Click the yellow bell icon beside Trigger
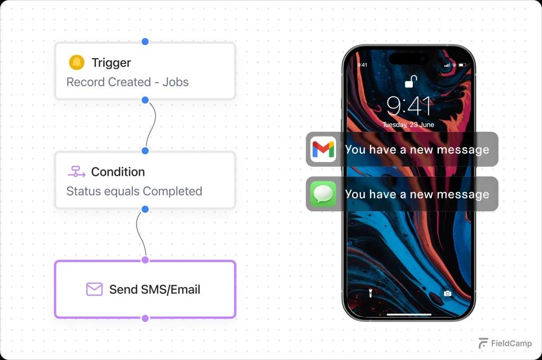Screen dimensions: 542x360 [x=76, y=62]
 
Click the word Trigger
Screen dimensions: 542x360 [x=111, y=62]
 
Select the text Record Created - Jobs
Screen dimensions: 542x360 [x=128, y=82]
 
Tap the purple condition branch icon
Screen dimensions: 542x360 [x=76, y=172]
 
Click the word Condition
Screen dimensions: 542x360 [x=118, y=172]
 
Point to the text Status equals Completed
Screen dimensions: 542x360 [x=134, y=191]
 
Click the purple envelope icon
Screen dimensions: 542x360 [x=94, y=289]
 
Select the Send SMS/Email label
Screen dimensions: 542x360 [x=155, y=290]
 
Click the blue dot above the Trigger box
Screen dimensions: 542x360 [x=145, y=41]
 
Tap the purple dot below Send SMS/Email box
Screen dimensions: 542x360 [x=145, y=318]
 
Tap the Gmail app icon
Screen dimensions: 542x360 [x=323, y=149]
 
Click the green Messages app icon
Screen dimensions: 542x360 [x=323, y=194]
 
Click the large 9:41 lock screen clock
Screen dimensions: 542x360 [x=409, y=105]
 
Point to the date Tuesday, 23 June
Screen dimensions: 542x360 [x=409, y=125]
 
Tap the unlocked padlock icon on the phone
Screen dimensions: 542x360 [x=411, y=82]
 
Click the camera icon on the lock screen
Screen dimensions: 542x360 [x=448, y=293]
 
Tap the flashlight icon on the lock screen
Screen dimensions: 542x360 [x=370, y=293]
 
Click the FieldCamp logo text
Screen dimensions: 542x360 [x=511, y=344]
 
